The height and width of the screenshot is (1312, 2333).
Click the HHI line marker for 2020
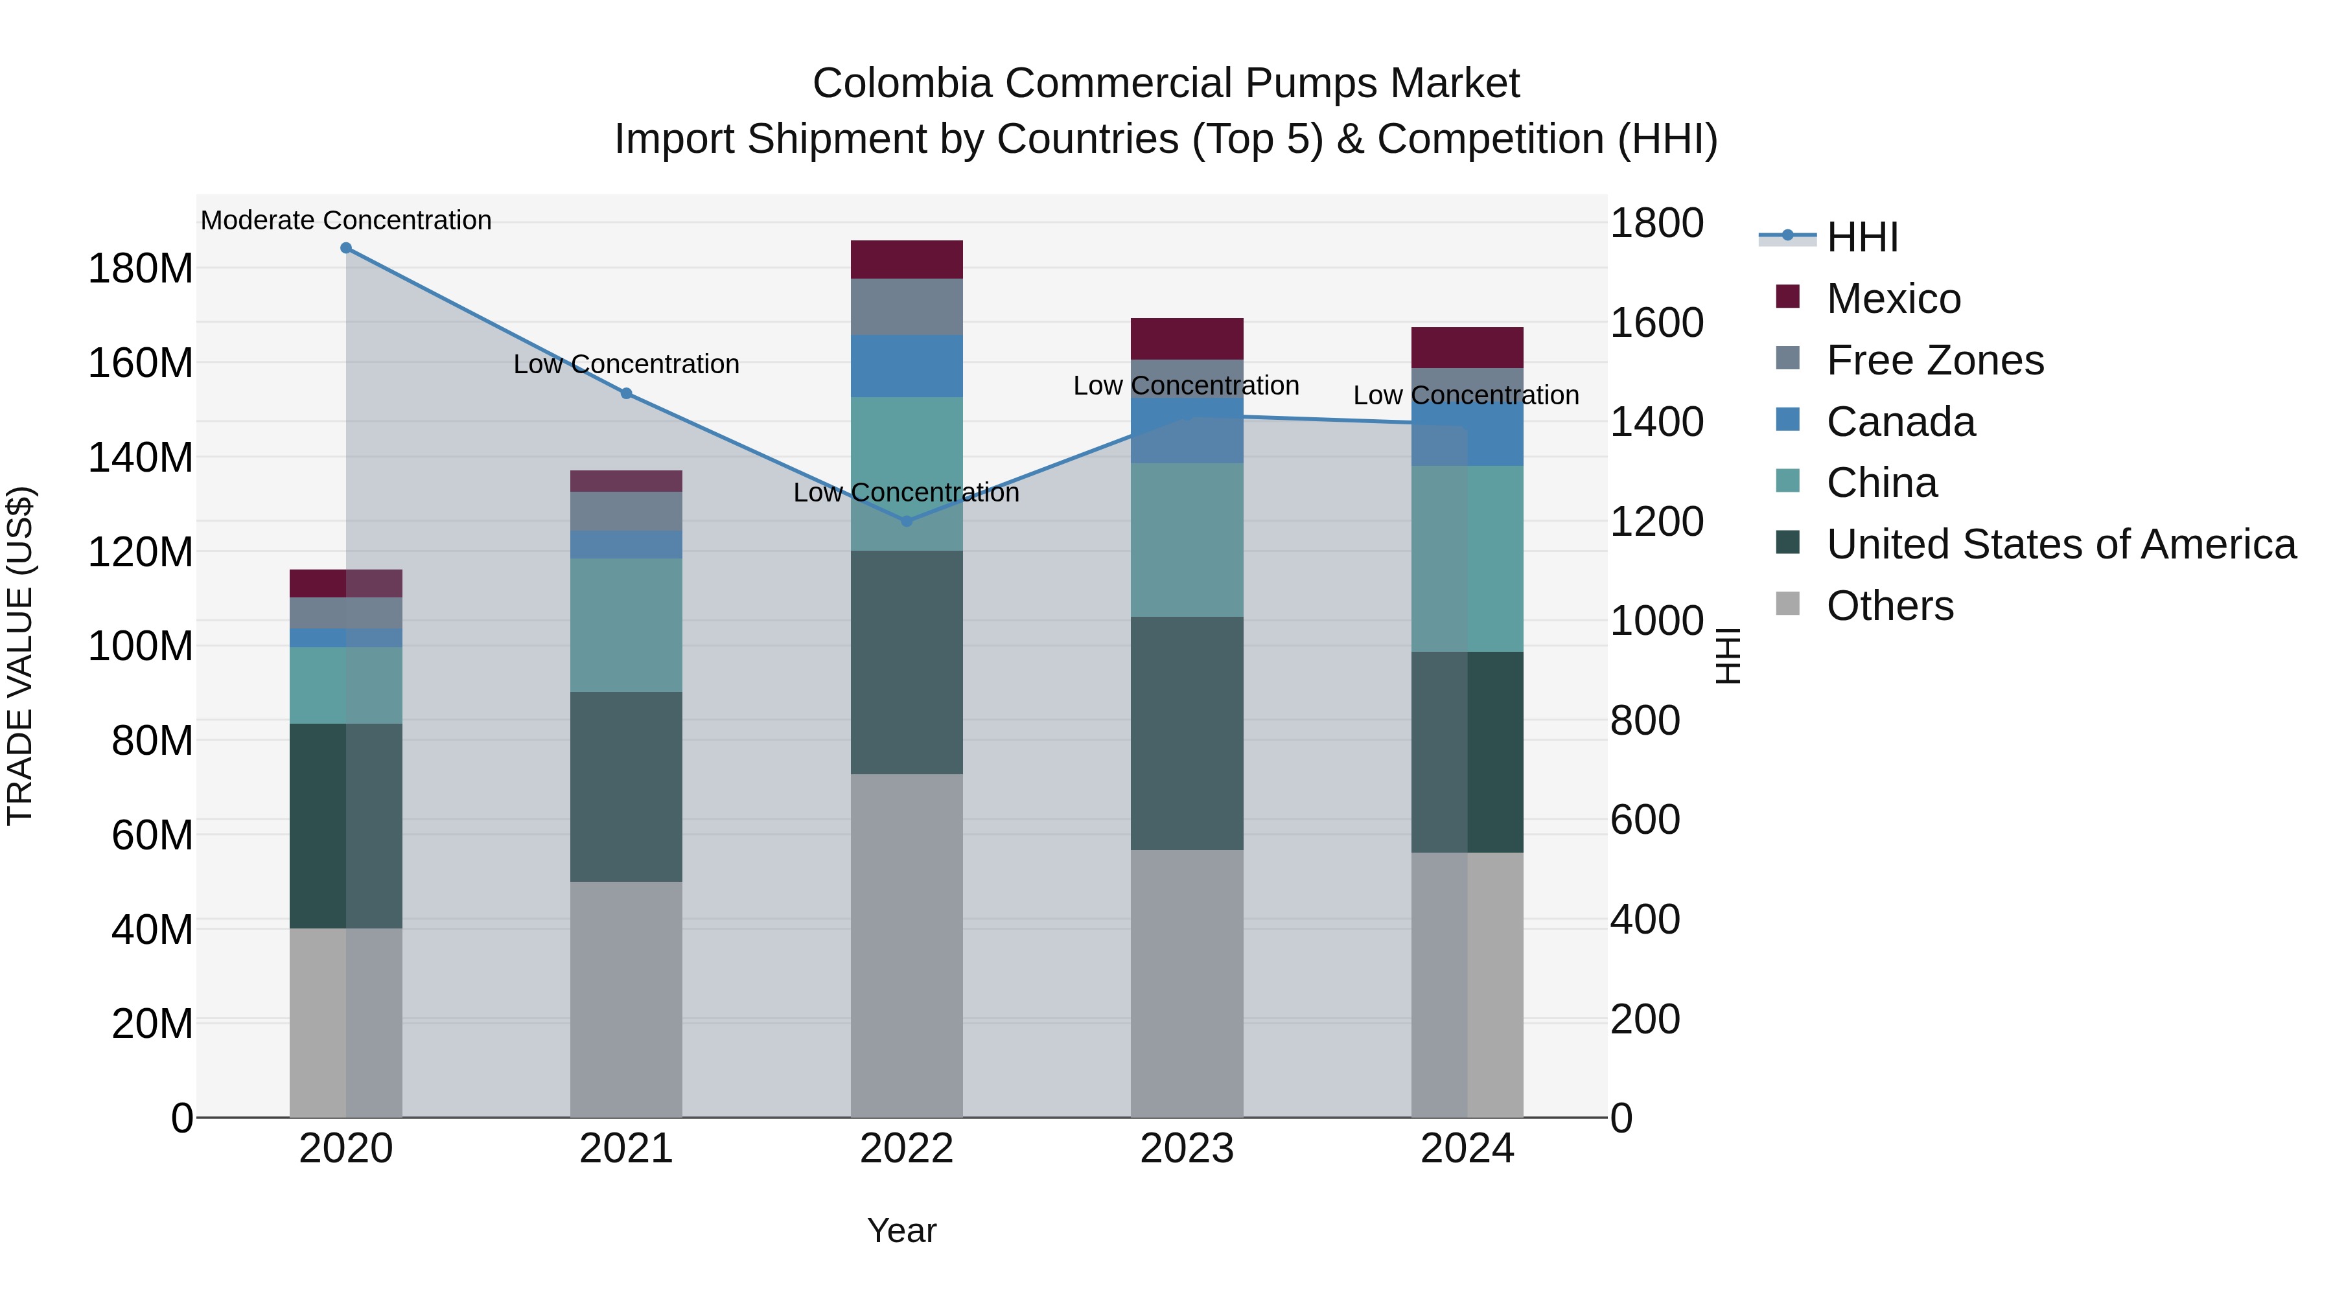(346, 248)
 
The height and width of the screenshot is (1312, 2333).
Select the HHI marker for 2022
(907, 522)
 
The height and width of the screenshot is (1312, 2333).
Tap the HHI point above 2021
(626, 394)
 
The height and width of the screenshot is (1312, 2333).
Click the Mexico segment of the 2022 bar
(907, 260)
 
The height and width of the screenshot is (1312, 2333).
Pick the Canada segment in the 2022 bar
(907, 367)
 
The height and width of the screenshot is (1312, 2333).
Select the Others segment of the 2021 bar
(626, 998)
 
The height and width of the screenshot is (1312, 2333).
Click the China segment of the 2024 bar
(1467, 558)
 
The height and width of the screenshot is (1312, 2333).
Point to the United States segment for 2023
(1187, 733)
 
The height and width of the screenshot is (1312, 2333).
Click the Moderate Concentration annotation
(346, 221)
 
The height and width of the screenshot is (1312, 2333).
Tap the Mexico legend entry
(1893, 299)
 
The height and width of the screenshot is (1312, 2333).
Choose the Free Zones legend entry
(1934, 360)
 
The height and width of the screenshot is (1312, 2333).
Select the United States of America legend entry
(2060, 544)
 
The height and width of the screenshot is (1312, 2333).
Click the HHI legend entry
(1862, 237)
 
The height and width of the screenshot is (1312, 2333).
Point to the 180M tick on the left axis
(141, 269)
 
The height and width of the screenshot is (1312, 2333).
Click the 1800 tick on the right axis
(1656, 224)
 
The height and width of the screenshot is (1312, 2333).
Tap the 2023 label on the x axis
(1187, 1149)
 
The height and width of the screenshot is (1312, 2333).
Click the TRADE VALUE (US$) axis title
(21, 656)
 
